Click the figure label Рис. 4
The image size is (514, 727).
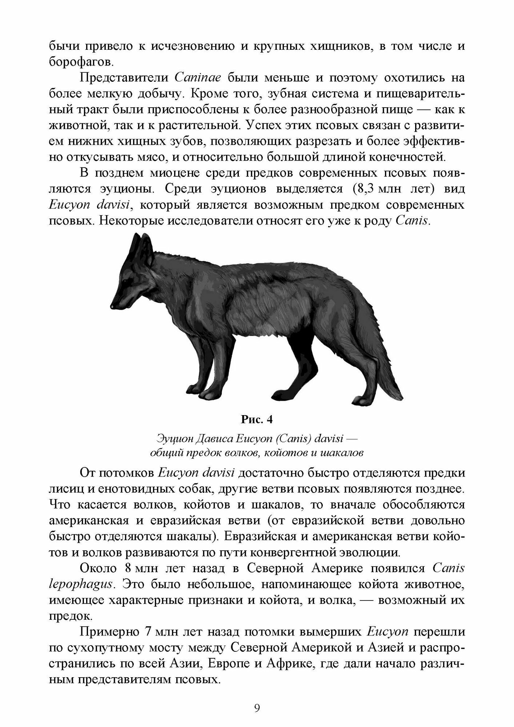257,419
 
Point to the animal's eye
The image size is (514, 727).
126,278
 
